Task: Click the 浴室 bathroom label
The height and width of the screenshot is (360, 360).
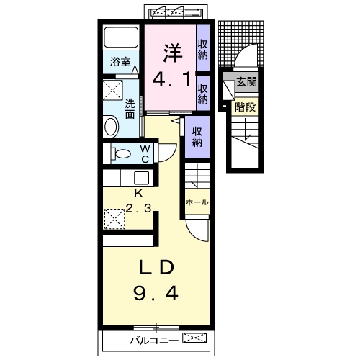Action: point(120,62)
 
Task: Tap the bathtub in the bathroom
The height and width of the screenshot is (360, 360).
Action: point(121,37)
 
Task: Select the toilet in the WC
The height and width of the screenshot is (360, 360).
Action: point(121,153)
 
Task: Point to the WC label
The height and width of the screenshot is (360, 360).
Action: point(145,154)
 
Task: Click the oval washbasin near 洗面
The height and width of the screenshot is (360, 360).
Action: point(111,127)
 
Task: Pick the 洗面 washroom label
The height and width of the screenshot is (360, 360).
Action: point(130,109)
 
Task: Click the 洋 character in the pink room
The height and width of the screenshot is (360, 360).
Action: point(173,53)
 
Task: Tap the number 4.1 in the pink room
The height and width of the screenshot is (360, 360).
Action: point(172,79)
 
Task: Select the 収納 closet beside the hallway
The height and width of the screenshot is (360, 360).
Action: point(197,137)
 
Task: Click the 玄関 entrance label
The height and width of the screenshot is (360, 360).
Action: point(246,82)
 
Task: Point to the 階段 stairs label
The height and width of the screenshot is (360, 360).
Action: point(246,107)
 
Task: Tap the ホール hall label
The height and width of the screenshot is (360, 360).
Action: point(197,202)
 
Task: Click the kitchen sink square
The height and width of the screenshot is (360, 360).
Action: point(141,178)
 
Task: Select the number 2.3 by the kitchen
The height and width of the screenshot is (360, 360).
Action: point(138,208)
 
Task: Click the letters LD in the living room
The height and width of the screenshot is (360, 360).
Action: point(156,267)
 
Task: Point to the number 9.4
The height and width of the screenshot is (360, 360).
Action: point(156,294)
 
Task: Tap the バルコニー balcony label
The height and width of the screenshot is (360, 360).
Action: point(154,341)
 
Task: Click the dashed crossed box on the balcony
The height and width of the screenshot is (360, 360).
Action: point(194,338)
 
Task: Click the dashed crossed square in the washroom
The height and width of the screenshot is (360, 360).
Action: point(113,89)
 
